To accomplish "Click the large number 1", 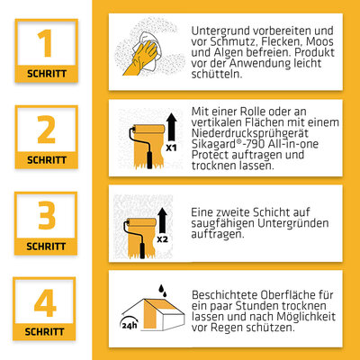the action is click(46, 43).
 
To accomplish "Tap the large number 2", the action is click(46, 130).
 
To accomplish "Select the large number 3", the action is click(47, 215).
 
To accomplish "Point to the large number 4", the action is click(45, 302).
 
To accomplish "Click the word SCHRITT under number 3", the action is click(46, 247).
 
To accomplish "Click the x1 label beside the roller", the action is click(171, 148).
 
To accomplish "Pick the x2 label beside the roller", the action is click(162, 239).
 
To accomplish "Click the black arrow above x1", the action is click(172, 127).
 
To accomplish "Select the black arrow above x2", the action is click(162, 220).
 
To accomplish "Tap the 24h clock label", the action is click(130, 325).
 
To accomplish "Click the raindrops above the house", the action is click(163, 291).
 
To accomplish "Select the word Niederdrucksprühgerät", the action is click(250, 133).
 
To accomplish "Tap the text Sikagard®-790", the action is click(229, 144).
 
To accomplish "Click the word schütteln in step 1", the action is click(217, 74).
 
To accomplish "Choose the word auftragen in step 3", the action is click(218, 234).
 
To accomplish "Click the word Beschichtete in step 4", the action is click(224, 295).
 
